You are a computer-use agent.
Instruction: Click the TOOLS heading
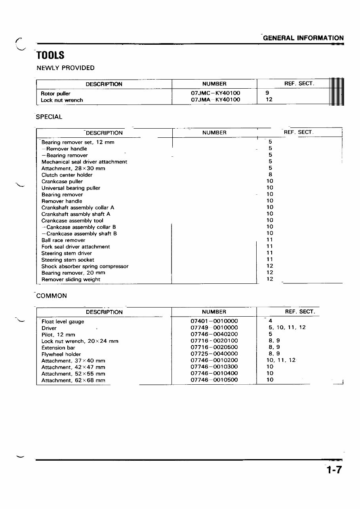(50, 55)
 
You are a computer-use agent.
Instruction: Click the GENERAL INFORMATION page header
(303, 38)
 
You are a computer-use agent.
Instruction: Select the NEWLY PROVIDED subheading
(65, 68)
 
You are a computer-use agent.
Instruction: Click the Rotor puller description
(55, 94)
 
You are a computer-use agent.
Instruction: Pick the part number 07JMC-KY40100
(215, 93)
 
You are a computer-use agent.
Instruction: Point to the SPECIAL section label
(49, 117)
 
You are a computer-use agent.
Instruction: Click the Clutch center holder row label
(67, 175)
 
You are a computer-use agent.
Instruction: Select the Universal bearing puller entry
(71, 188)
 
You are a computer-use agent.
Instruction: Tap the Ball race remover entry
(63, 240)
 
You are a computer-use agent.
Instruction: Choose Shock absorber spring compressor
(85, 266)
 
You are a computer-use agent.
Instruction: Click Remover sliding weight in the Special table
(71, 279)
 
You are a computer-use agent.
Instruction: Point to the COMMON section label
(51, 296)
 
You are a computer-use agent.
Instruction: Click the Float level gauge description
(63, 322)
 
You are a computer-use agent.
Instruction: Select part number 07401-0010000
(214, 321)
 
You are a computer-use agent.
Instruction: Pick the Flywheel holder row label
(61, 354)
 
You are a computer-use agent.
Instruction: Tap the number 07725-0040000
(214, 354)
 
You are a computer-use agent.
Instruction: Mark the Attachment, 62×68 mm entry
(73, 380)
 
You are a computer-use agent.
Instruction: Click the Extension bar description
(58, 348)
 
